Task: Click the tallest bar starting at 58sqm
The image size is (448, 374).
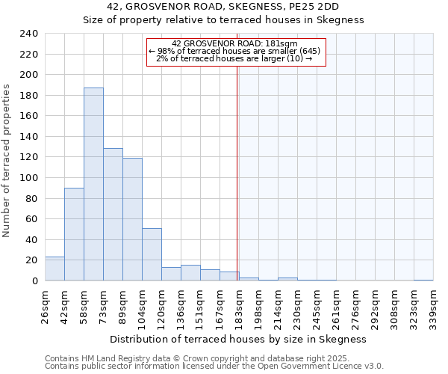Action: tap(93, 184)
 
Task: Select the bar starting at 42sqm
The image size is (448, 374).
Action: tap(74, 234)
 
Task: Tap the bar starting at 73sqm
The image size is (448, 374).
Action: tap(113, 215)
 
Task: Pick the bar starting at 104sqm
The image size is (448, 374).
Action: tap(152, 254)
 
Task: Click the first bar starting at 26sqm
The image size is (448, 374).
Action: tap(55, 269)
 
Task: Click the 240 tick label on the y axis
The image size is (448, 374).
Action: tap(28, 34)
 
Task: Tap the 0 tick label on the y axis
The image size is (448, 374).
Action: tap(34, 281)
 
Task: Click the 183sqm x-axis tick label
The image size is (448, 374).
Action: tap(239, 306)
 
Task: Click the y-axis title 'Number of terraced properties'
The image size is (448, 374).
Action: tap(7, 160)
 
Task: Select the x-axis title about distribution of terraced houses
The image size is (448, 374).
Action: tap(243, 339)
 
